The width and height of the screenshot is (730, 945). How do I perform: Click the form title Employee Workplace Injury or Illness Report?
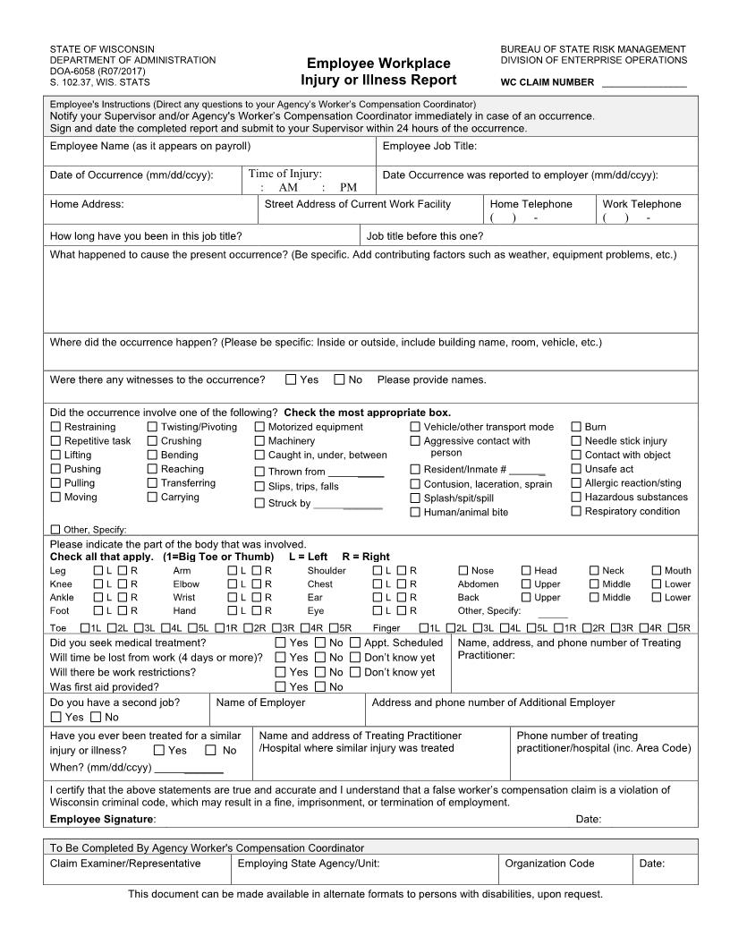coord(378,72)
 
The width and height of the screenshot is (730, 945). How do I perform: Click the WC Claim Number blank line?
coord(644,82)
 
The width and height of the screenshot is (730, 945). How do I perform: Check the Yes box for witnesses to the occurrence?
coord(291,379)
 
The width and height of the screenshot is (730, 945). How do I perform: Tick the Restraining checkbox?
coord(56,427)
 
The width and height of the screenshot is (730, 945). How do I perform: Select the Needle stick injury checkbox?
coord(577,440)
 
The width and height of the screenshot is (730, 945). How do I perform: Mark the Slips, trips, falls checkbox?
coord(260,487)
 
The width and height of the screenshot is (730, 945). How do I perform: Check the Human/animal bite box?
coord(415,512)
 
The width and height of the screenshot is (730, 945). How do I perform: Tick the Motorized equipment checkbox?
coord(260,427)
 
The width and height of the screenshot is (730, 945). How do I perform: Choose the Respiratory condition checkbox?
coord(577,511)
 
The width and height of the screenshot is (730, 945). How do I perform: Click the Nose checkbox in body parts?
coord(463,570)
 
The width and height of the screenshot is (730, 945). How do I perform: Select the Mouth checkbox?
coord(657,570)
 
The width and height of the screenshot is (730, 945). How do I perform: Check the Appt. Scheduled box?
coord(355,643)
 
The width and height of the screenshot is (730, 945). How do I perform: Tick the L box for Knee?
coord(98,584)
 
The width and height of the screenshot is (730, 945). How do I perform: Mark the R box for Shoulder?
coord(402,570)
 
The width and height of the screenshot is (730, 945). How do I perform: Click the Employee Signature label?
coord(102,819)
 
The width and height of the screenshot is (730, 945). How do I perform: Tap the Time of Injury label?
coord(284,175)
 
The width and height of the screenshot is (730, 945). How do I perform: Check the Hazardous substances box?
coord(577,497)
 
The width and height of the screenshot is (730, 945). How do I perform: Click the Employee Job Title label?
coord(429,146)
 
